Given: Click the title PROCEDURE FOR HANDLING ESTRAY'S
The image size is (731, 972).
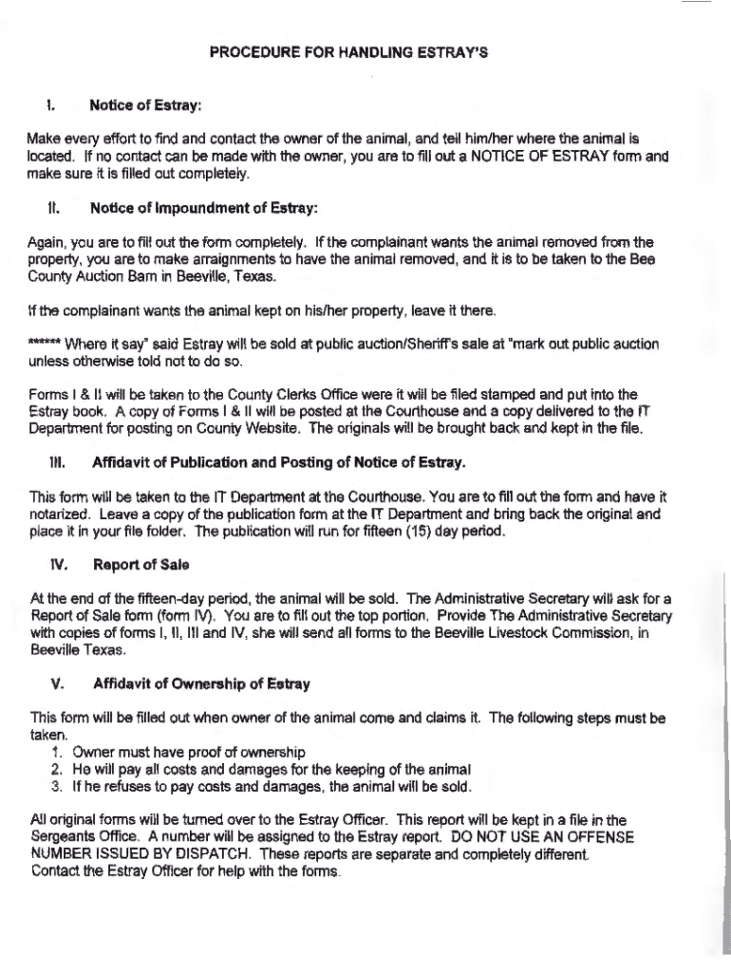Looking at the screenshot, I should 348,54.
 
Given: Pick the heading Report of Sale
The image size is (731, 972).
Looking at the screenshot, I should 141,565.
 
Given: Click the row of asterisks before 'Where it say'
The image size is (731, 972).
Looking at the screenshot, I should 46,343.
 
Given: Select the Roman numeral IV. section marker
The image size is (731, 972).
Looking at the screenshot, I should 59,565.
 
